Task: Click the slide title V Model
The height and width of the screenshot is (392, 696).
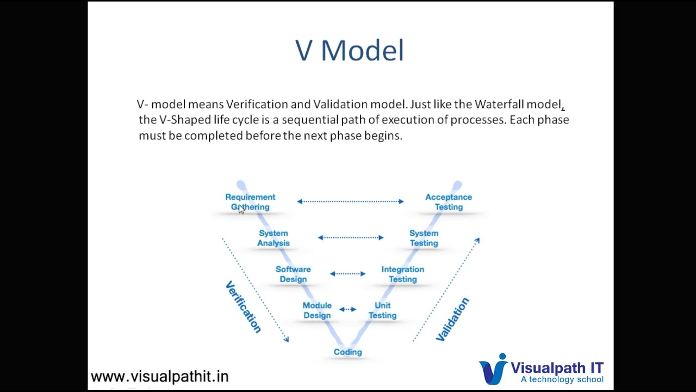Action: click(349, 51)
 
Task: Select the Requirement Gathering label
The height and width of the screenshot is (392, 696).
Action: click(250, 201)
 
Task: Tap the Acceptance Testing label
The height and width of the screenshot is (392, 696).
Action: click(448, 201)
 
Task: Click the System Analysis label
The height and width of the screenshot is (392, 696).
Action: click(273, 238)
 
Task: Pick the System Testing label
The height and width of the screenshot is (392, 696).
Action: click(424, 238)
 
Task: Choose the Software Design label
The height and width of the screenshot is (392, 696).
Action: click(293, 274)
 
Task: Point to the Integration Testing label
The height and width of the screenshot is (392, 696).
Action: click(402, 274)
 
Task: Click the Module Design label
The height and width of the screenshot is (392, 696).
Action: click(317, 310)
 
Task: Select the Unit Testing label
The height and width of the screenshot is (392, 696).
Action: click(382, 310)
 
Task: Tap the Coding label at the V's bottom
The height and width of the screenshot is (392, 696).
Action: click(347, 352)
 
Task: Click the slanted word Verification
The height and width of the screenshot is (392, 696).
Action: click(243, 307)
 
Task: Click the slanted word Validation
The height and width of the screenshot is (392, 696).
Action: click(452, 319)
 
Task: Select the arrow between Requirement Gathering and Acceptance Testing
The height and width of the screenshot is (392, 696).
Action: click(350, 201)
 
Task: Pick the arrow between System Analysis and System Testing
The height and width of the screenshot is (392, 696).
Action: click(351, 237)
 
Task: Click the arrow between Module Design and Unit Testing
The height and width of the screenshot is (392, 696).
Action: click(348, 309)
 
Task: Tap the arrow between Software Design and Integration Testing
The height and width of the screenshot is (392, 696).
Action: click(348, 273)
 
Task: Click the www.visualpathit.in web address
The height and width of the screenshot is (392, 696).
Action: click(159, 376)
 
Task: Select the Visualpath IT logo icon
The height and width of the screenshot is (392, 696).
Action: click(493, 369)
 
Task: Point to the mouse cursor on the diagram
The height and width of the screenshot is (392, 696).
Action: click(241, 210)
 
